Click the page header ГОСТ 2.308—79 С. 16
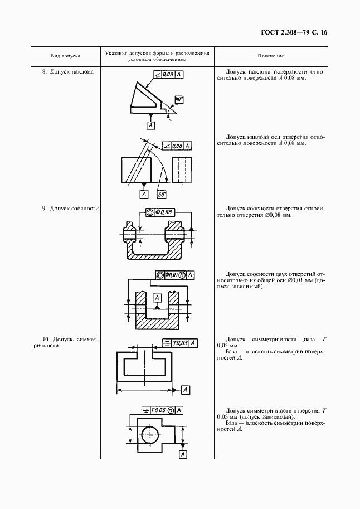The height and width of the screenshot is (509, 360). click(x=294, y=32)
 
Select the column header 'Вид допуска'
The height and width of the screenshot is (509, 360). click(x=66, y=56)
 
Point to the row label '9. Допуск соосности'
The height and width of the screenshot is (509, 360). click(x=70, y=209)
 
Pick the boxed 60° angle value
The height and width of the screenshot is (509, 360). click(x=162, y=195)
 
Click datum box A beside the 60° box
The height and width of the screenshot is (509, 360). click(x=144, y=195)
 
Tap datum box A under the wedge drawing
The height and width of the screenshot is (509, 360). click(x=150, y=125)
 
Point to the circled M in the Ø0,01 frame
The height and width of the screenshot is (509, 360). click(x=182, y=275)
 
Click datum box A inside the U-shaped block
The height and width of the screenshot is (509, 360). click(x=158, y=298)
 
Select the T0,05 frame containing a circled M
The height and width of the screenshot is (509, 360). click(x=163, y=410)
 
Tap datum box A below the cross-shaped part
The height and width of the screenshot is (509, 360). click(x=183, y=455)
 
